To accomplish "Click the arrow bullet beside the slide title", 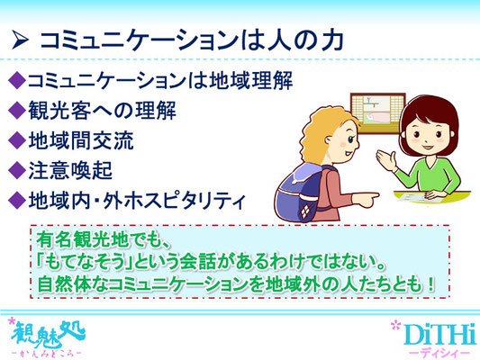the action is point(20,40).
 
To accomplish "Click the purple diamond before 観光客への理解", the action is point(17,110).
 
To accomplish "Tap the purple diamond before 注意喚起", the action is point(17,170).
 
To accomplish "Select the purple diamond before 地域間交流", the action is point(17,140).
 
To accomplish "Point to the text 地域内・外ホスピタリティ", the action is point(137,201).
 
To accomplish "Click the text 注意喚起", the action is point(70,170).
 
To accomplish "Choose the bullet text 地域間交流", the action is point(81,140).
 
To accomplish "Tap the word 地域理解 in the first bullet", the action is point(250,80).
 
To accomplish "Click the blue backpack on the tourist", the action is point(297,192).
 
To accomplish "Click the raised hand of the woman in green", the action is point(386,159).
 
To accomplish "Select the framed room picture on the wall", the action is point(377,113).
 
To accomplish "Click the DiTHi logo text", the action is point(440,335).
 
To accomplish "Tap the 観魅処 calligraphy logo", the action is point(48,334).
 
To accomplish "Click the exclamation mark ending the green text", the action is point(430,285).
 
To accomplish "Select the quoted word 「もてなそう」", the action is point(85,263).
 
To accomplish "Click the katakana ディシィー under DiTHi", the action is point(439,353).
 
